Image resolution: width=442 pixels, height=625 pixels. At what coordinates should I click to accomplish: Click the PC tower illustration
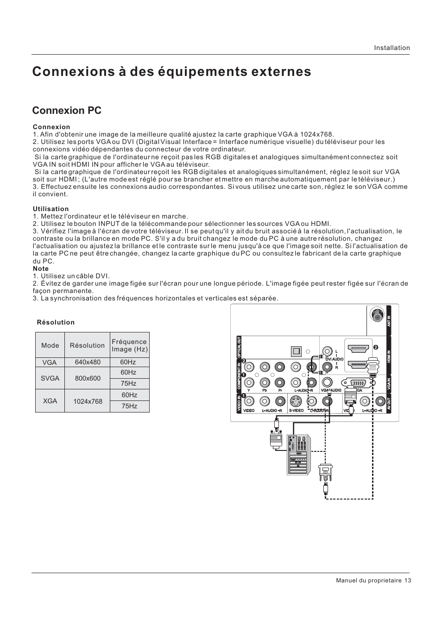click(299, 455)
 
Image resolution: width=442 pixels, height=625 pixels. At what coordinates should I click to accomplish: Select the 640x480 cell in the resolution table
click(88, 362)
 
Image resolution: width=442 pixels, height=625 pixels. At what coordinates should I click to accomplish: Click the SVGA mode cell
click(50, 378)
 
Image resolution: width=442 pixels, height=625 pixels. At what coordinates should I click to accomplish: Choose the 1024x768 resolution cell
click(88, 401)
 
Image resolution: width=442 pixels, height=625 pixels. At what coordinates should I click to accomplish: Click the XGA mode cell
click(50, 401)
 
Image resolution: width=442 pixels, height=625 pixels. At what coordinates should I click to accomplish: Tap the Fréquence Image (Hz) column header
click(130, 345)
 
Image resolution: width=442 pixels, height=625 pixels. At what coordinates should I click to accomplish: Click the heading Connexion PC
click(67, 111)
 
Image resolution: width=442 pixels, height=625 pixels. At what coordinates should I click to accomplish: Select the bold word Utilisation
click(51, 209)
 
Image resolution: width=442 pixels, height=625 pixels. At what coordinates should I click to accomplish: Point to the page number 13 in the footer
click(408, 581)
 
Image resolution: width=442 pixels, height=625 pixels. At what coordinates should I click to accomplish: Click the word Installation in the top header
click(392, 48)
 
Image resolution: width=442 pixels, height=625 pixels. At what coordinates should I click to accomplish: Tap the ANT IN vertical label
click(389, 321)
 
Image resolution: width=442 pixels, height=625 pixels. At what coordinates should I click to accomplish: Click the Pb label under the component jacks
click(265, 391)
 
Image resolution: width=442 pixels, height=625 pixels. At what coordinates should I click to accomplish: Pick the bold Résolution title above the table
click(56, 323)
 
